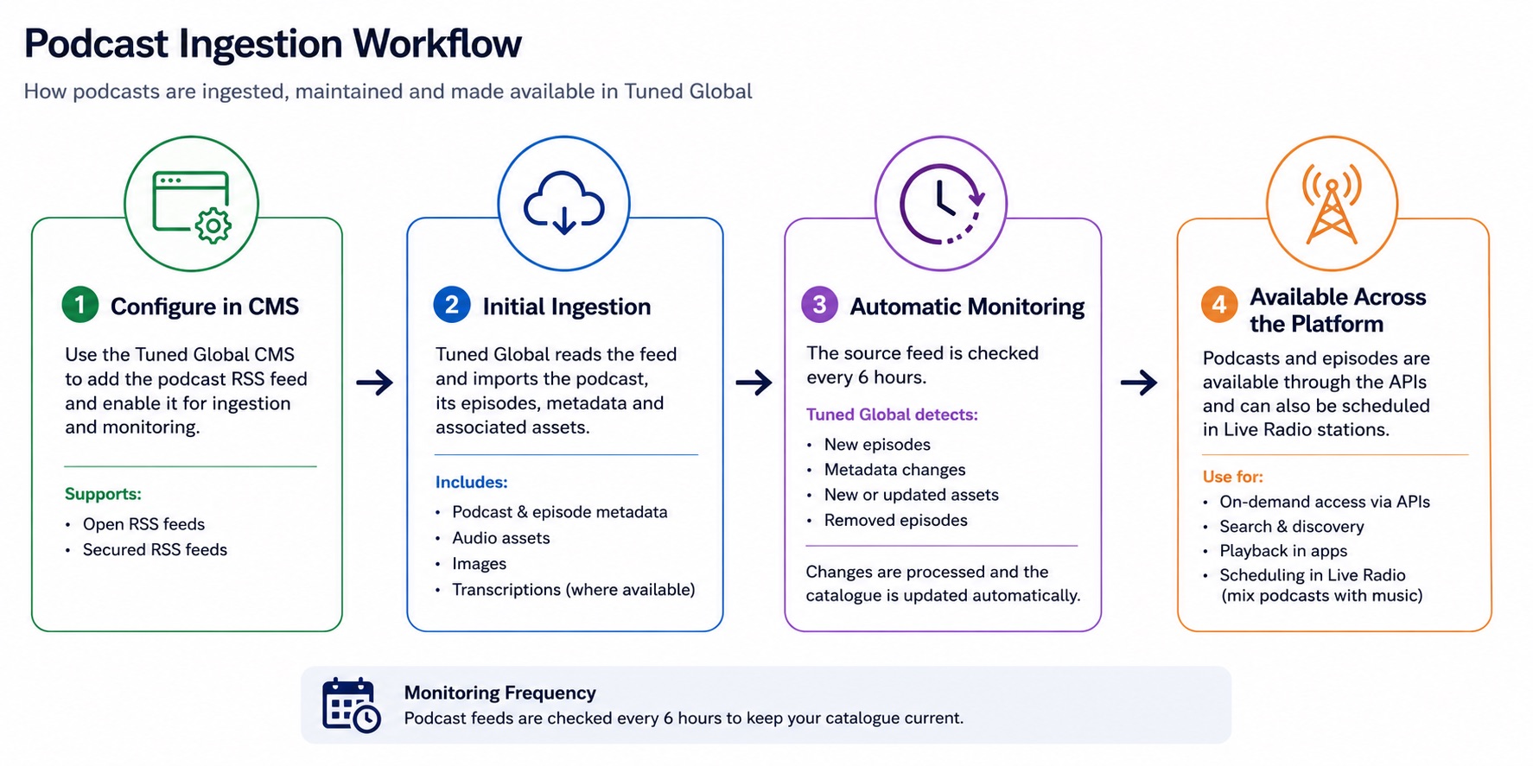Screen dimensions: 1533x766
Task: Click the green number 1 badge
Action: click(x=80, y=305)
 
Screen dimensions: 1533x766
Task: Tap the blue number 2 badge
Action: click(x=451, y=305)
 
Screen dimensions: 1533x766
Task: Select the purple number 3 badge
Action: click(x=819, y=305)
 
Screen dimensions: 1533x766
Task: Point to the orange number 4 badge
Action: click(x=1219, y=305)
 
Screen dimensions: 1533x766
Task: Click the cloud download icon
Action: click(x=563, y=203)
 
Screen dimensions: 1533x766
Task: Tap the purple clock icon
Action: click(x=942, y=204)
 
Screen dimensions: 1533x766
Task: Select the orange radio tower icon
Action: click(x=1332, y=204)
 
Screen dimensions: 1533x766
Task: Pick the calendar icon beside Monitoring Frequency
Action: click(x=351, y=705)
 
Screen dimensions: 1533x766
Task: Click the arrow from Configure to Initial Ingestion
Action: click(x=374, y=382)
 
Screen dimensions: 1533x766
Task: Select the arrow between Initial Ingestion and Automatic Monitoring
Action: click(x=754, y=382)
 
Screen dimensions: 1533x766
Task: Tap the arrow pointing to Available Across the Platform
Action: click(x=1138, y=382)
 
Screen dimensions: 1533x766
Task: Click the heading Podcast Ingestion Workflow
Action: click(x=273, y=43)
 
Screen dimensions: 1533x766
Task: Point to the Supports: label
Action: click(x=103, y=494)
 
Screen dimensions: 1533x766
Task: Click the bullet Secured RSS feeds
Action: click(x=155, y=549)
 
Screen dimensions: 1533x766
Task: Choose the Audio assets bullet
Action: click(x=501, y=538)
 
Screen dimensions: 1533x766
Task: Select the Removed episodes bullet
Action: click(x=896, y=520)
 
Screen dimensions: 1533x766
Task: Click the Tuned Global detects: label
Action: click(x=892, y=415)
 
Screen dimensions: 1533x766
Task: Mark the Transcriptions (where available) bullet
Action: click(x=574, y=590)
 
